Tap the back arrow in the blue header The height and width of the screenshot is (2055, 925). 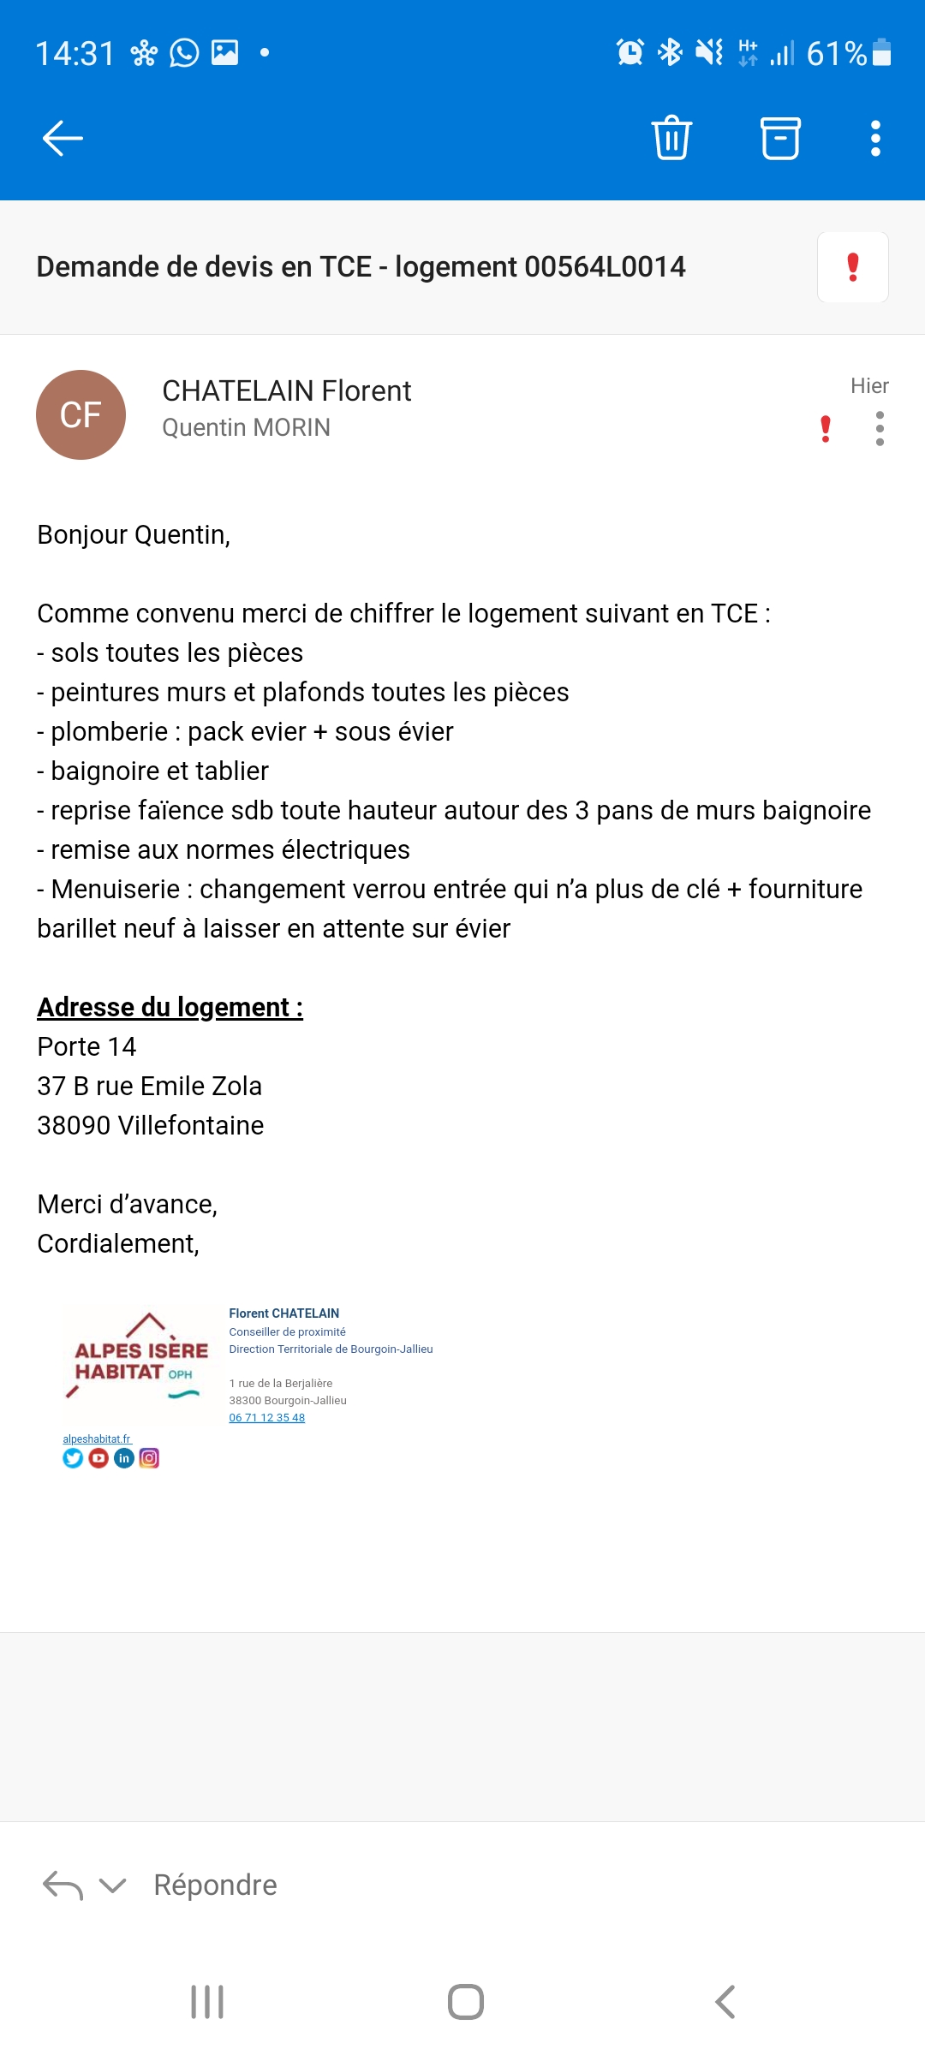click(63, 138)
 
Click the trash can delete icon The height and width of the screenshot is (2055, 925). click(671, 138)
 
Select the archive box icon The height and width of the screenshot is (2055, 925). click(780, 138)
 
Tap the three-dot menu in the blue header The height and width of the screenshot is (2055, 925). click(875, 138)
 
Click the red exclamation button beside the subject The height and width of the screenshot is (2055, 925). click(852, 267)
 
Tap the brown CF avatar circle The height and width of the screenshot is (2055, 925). click(81, 414)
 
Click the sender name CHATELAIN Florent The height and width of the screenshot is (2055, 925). click(286, 391)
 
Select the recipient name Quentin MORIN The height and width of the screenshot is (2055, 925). click(246, 427)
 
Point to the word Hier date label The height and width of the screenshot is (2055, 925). click(869, 386)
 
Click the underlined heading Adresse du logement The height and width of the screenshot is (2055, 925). click(170, 1007)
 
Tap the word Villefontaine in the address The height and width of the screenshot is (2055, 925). click(191, 1125)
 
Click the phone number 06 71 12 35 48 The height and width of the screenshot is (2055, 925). click(266, 1418)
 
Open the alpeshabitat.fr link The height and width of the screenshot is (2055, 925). click(97, 1439)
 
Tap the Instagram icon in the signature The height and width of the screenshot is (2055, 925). click(149, 1458)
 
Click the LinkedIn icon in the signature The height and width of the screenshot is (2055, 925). click(124, 1458)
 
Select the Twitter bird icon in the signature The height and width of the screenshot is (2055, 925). click(73, 1458)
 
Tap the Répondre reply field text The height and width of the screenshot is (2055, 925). click(215, 1885)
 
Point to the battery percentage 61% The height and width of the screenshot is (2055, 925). click(836, 54)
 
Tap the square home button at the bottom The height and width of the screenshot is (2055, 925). click(465, 2002)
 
